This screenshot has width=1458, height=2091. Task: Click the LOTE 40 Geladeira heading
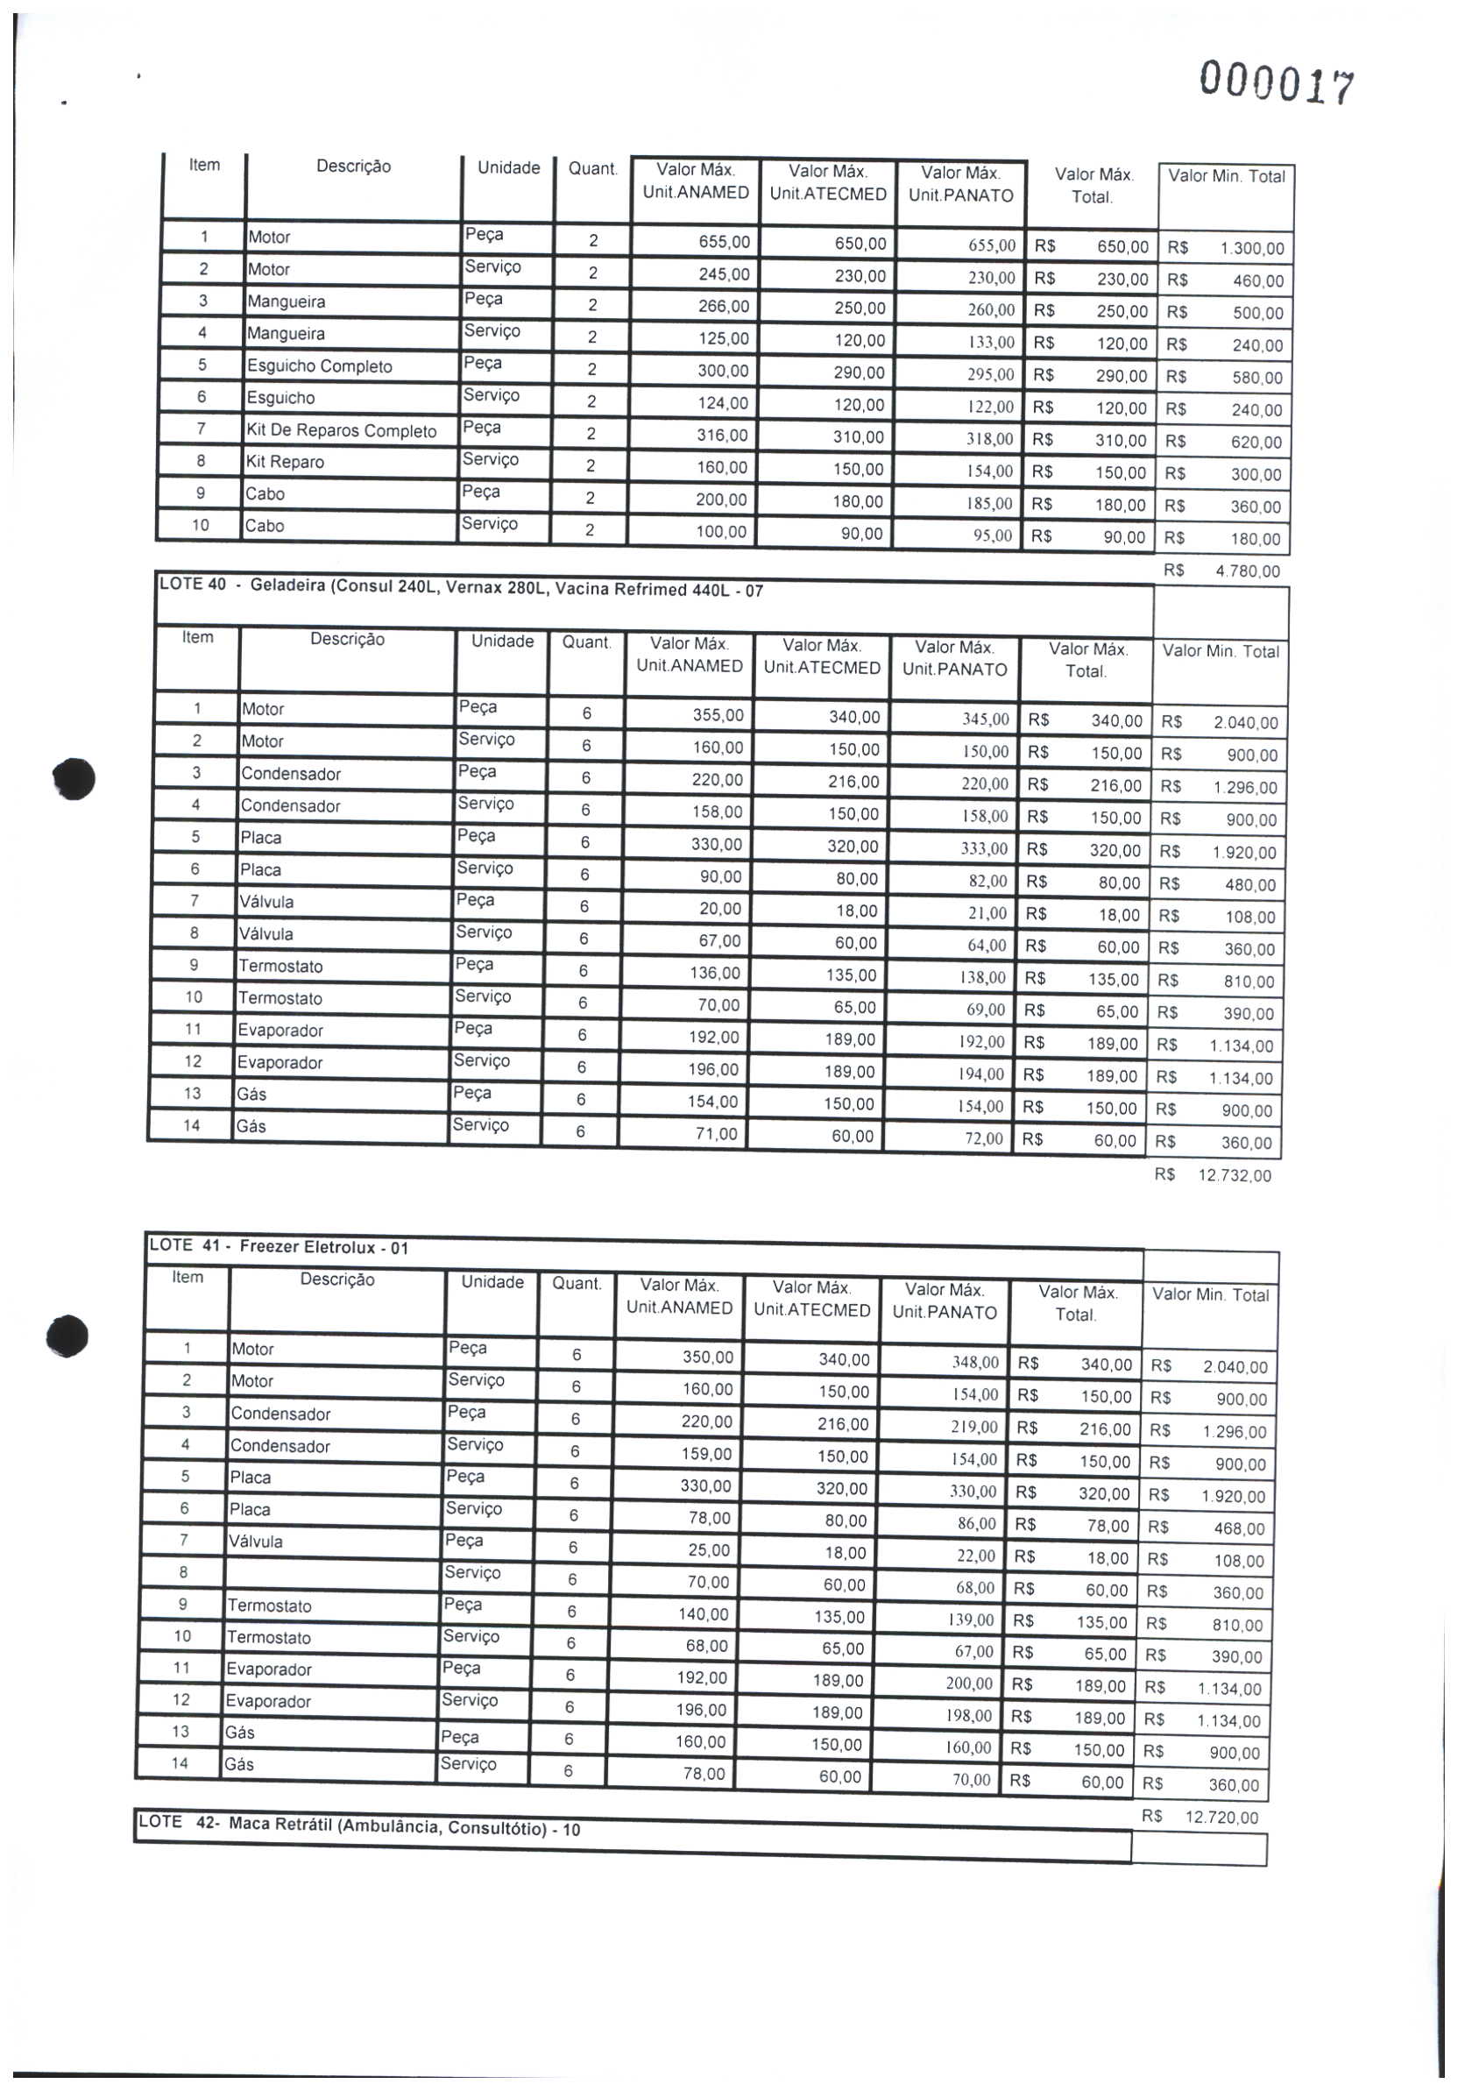461,587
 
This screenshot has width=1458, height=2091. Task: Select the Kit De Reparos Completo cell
341,431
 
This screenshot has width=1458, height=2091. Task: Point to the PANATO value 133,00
991,343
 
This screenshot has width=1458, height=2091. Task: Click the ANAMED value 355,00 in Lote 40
718,715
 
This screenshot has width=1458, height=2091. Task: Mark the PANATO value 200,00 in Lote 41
971,1683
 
